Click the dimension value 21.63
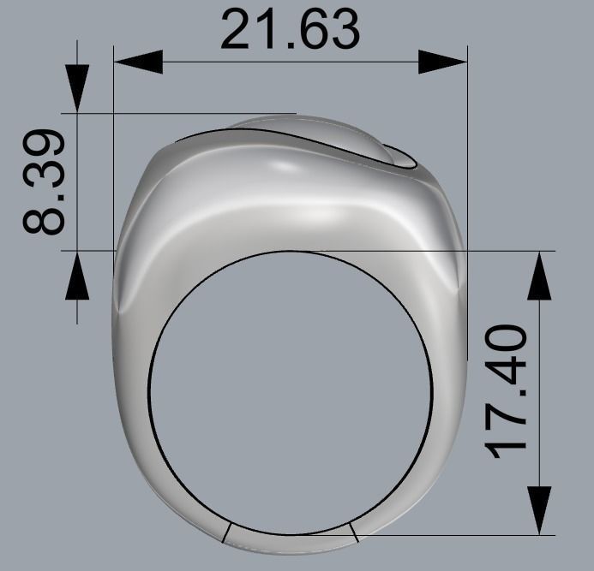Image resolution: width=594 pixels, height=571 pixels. click(x=290, y=30)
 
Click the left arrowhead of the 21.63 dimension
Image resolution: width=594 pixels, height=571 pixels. click(x=138, y=62)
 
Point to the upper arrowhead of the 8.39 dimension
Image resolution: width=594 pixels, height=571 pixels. click(x=77, y=89)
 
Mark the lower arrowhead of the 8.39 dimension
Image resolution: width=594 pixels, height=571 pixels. click(x=77, y=275)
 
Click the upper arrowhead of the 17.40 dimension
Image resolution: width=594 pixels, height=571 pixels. click(x=539, y=276)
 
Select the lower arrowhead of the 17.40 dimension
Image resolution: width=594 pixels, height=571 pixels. click(x=539, y=510)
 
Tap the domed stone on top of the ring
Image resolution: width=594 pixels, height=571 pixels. click(x=317, y=133)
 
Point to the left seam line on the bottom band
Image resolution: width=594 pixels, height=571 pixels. click(x=225, y=532)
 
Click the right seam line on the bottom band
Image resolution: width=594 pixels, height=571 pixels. click(x=353, y=532)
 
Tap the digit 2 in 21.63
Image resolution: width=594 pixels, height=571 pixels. click(x=238, y=30)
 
